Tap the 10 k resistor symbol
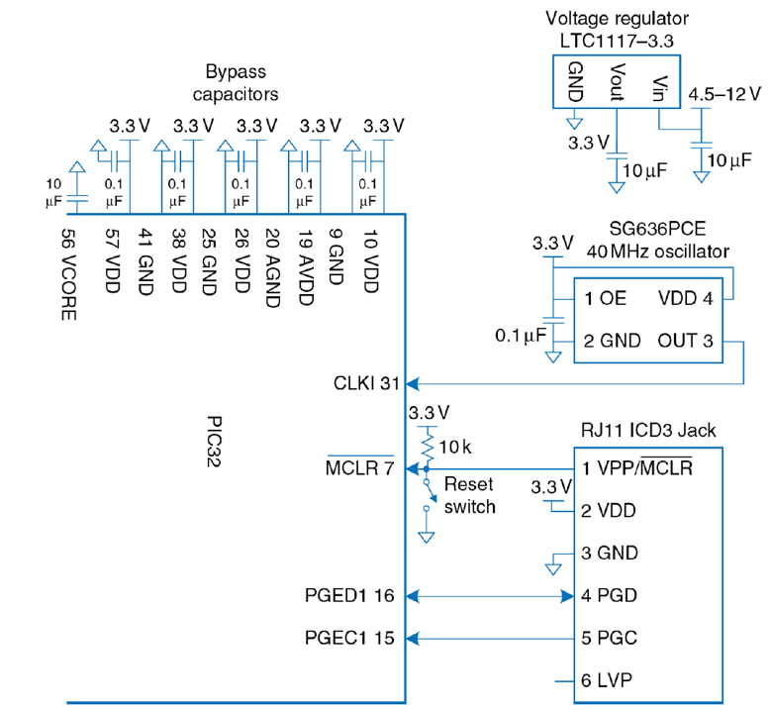tap(428, 447)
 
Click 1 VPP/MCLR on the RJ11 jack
tap(636, 468)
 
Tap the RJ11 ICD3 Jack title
tap(648, 431)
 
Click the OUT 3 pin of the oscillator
tap(685, 341)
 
